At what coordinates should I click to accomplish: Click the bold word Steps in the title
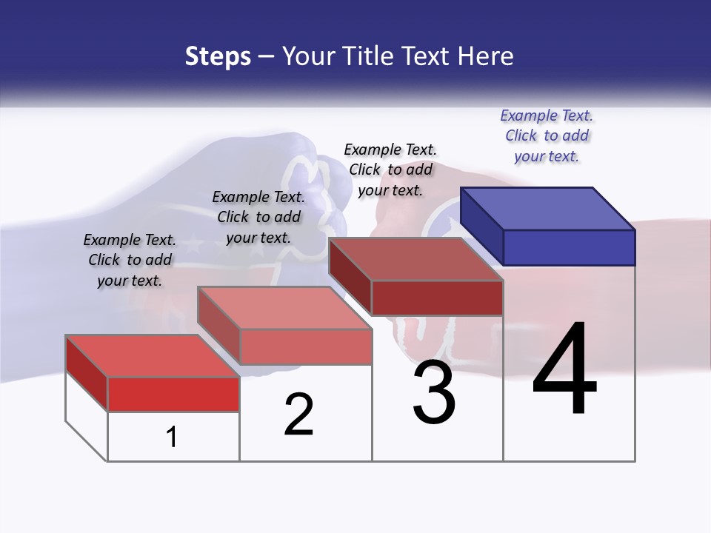pyautogui.click(x=218, y=56)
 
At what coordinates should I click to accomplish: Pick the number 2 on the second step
pyautogui.click(x=298, y=415)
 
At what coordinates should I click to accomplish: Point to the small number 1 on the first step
pyautogui.click(x=172, y=438)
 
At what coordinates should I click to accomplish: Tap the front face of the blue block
pyautogui.click(x=569, y=247)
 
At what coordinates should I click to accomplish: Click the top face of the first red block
pyautogui.click(x=152, y=355)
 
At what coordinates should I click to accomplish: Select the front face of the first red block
pyautogui.click(x=173, y=394)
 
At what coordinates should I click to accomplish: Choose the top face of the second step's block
pyautogui.click(x=284, y=307)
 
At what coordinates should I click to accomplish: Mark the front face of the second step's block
pyautogui.click(x=305, y=346)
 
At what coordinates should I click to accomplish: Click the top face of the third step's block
pyautogui.click(x=415, y=258)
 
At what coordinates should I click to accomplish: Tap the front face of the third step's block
pyautogui.click(x=437, y=298)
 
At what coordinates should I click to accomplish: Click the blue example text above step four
pyautogui.click(x=547, y=135)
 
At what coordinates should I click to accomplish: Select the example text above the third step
pyautogui.click(x=390, y=170)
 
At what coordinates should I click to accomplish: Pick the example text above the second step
pyautogui.click(x=258, y=217)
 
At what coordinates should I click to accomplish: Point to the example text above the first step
pyautogui.click(x=130, y=260)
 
